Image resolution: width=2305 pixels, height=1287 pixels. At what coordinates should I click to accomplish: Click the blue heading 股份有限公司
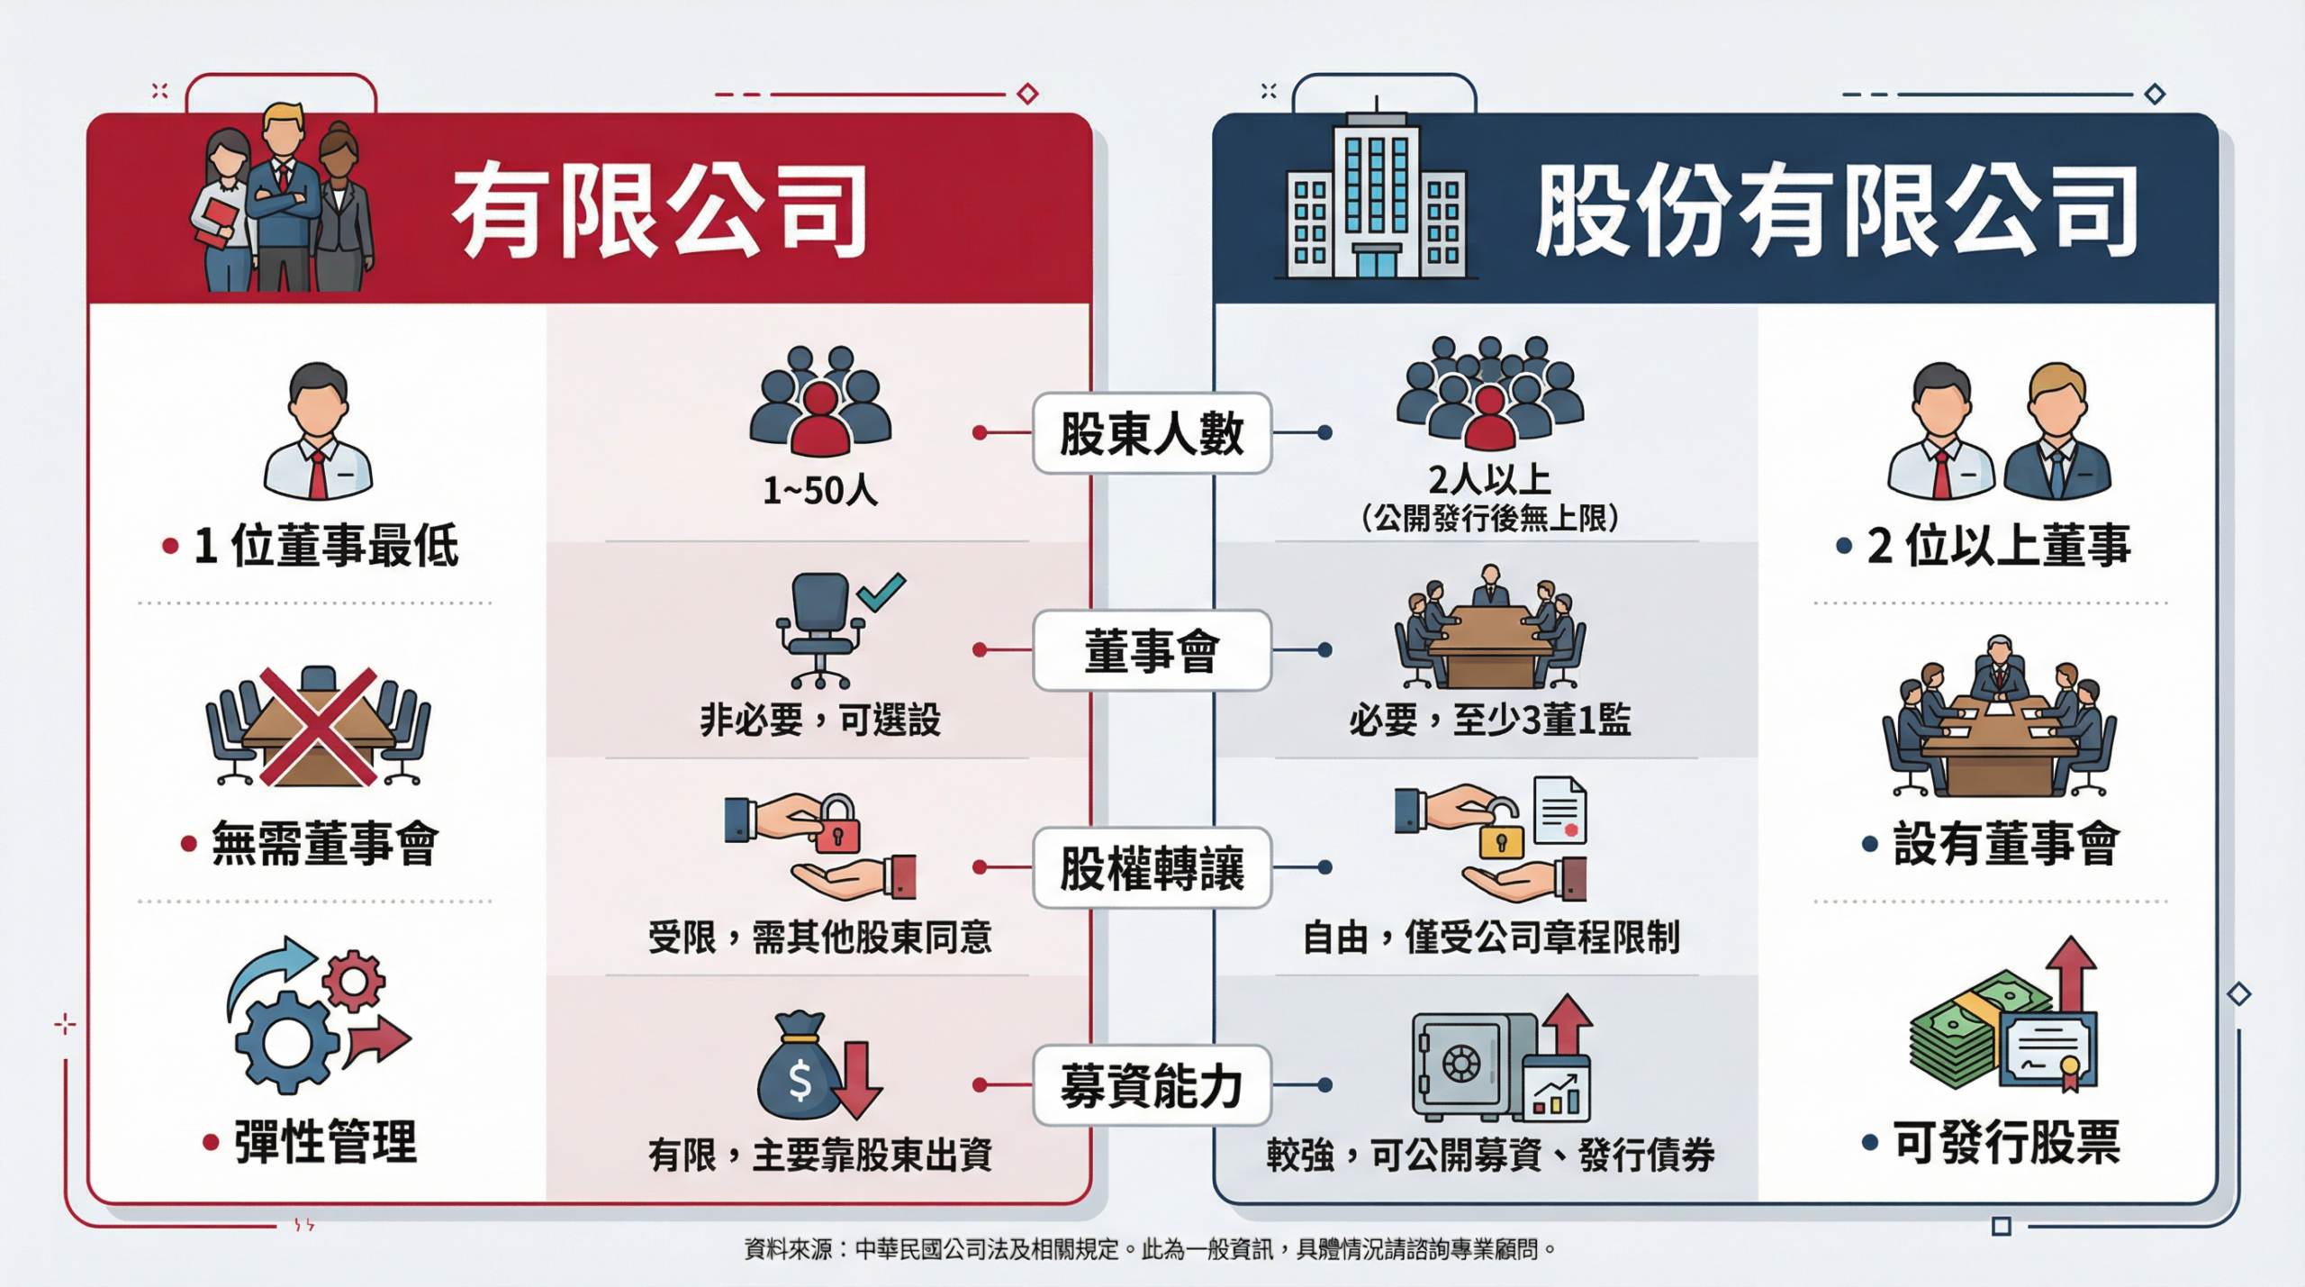tap(1837, 213)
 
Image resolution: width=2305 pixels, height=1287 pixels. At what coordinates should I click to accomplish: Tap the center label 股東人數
tap(1151, 433)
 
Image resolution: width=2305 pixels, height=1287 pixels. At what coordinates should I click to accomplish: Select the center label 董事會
tap(1151, 650)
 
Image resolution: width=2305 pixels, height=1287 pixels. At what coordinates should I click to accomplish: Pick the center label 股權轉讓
tap(1151, 868)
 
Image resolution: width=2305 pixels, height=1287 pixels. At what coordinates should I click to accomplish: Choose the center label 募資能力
tap(1151, 1085)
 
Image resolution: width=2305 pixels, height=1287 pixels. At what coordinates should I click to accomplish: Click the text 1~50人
tap(819, 491)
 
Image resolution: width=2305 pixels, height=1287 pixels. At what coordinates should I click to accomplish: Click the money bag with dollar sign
tap(798, 1067)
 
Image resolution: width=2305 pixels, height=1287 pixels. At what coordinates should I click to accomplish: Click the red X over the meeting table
tap(318, 726)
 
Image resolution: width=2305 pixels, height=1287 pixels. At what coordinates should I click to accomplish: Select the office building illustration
tap(1376, 198)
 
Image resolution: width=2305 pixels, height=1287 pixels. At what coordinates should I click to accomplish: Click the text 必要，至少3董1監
tap(1489, 721)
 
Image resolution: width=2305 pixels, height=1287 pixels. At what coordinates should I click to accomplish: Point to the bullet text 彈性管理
tap(325, 1143)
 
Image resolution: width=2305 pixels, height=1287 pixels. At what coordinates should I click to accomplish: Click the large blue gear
tap(286, 1043)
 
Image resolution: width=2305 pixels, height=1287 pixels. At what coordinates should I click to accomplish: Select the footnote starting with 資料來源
tap(1150, 1249)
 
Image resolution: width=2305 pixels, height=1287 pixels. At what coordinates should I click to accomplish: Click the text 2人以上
tap(1489, 480)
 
